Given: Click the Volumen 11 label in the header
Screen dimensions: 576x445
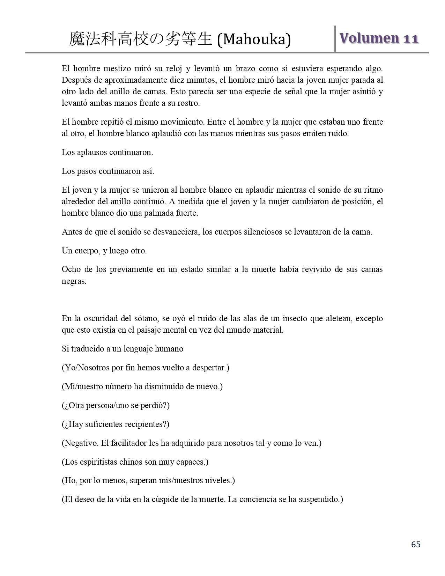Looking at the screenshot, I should coord(379,38).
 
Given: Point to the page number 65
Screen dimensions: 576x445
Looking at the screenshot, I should coord(416,544).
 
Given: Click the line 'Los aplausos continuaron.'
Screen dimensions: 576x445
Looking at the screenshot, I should coord(107,152).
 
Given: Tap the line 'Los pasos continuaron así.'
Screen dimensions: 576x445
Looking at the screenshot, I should coord(107,171).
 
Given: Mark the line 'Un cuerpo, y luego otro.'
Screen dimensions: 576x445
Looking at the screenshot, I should coord(104,251).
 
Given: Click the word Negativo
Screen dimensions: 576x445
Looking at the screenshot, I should coord(81,443).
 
